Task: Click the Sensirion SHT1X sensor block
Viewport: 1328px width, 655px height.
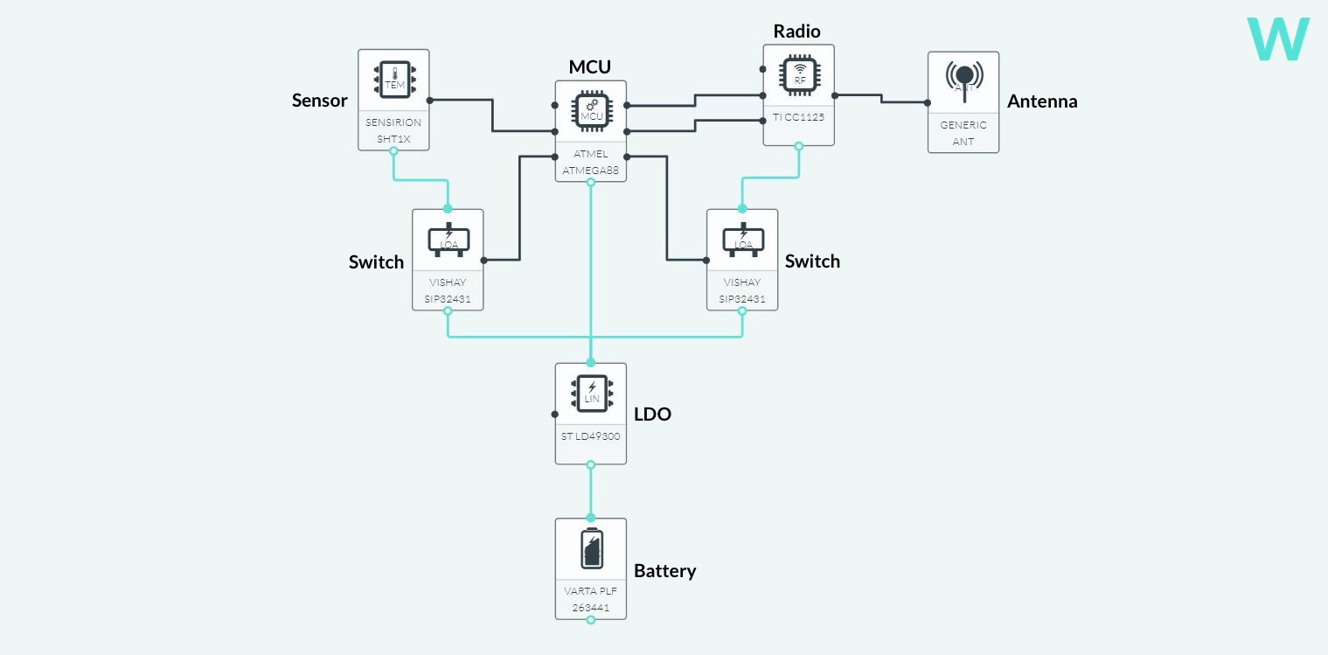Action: click(393, 100)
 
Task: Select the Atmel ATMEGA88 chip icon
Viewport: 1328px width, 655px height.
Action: click(591, 112)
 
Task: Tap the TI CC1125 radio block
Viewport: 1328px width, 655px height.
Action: click(798, 94)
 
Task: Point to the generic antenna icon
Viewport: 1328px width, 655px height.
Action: click(963, 80)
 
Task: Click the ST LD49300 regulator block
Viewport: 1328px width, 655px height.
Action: click(591, 414)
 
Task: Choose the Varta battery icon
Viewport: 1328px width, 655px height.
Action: click(591, 548)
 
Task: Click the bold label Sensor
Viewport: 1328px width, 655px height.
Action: click(319, 101)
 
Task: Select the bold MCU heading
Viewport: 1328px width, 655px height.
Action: click(589, 67)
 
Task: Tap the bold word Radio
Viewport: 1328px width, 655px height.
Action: click(796, 31)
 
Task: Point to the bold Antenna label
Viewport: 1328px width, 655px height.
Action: click(1042, 101)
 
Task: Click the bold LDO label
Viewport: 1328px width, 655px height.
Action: click(652, 415)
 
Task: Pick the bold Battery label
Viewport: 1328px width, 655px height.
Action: click(664, 571)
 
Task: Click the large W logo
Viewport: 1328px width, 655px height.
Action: click(1278, 39)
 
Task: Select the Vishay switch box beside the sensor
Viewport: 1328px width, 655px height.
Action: click(448, 260)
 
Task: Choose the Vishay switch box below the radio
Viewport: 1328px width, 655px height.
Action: click(742, 260)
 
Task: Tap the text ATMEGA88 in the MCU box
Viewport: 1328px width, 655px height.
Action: click(591, 171)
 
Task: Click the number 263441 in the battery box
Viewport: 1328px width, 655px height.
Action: click(591, 608)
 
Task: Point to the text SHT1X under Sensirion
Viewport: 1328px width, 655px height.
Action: click(393, 139)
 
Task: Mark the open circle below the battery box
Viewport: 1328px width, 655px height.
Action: click(591, 620)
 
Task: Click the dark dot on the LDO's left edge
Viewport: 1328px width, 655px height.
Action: click(555, 415)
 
